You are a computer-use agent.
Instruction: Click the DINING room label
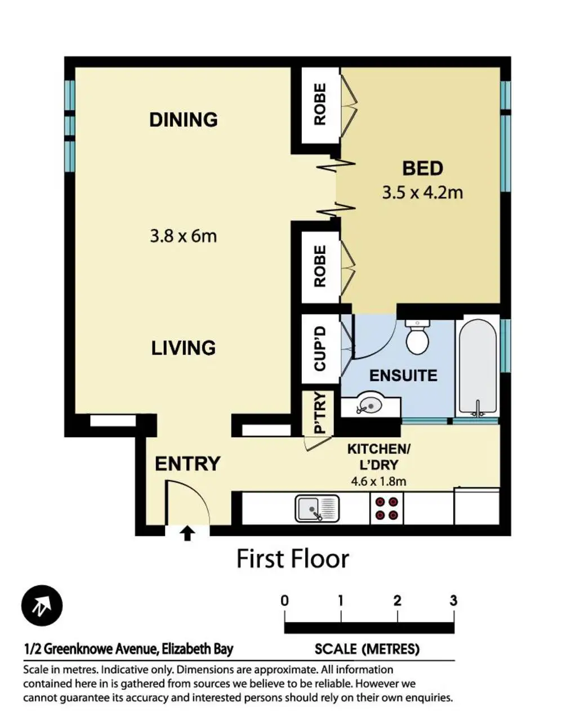(x=184, y=120)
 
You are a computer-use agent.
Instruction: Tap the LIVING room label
(x=184, y=348)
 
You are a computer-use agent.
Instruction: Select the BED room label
(x=422, y=168)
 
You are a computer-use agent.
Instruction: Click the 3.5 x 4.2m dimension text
(x=422, y=192)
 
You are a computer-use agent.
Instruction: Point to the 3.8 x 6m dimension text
(x=184, y=236)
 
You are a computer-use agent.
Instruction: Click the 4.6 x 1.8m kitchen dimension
(x=378, y=481)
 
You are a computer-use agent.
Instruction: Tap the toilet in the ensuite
(x=417, y=337)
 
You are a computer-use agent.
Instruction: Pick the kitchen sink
(x=317, y=508)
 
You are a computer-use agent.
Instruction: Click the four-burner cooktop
(x=386, y=508)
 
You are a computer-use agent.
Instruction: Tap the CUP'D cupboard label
(x=320, y=349)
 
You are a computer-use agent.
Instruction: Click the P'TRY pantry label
(x=319, y=413)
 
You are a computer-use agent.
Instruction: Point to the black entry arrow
(x=188, y=534)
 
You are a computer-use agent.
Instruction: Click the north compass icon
(x=42, y=605)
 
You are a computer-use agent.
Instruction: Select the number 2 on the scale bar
(x=397, y=601)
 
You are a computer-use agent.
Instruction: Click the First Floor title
(x=293, y=559)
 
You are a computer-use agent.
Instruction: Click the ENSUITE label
(x=403, y=375)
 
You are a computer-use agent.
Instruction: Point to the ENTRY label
(x=188, y=464)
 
